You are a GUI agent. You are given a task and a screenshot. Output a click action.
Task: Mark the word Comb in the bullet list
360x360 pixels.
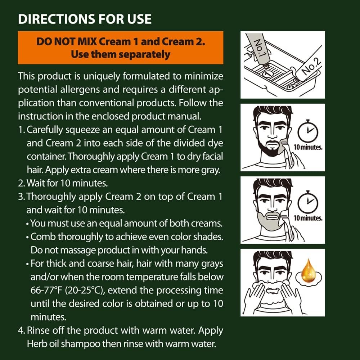click(x=41, y=237)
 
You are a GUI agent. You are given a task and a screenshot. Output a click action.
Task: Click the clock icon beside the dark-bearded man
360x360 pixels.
click(x=308, y=132)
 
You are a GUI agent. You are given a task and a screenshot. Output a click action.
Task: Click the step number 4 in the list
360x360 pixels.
click(x=21, y=330)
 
